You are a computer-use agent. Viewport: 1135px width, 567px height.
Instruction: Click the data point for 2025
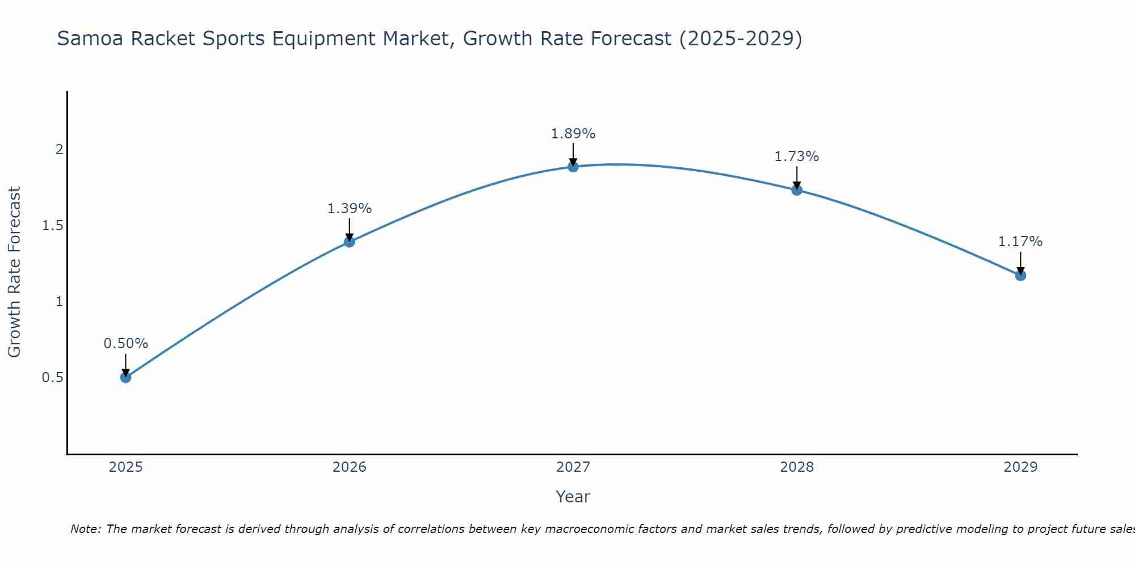click(x=126, y=377)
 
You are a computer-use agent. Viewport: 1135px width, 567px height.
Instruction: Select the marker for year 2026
click(x=350, y=242)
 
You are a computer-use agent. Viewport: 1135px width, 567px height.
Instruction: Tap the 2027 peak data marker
click(x=573, y=166)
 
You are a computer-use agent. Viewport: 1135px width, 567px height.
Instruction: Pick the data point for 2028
click(x=797, y=190)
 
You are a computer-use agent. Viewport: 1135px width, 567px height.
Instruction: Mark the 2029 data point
click(x=1020, y=276)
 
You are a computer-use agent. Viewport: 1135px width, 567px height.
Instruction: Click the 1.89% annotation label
click(x=573, y=134)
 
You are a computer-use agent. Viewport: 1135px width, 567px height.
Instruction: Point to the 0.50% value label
click(x=126, y=344)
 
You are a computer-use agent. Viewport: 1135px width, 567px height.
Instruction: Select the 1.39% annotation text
click(x=350, y=209)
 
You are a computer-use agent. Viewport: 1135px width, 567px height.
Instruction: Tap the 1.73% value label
click(x=797, y=156)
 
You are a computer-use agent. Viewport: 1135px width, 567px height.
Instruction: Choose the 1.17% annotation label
click(x=1020, y=242)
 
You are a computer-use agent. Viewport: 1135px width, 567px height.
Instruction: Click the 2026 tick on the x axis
click(x=350, y=467)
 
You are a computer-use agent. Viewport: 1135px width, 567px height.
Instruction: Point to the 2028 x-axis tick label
click(x=797, y=467)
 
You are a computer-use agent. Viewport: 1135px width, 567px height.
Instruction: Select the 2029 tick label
click(x=1020, y=467)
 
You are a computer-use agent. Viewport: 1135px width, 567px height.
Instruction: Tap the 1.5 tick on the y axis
click(x=52, y=226)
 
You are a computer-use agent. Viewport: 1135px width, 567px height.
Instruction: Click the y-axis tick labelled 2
click(x=58, y=150)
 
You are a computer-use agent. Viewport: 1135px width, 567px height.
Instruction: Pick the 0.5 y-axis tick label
click(x=52, y=378)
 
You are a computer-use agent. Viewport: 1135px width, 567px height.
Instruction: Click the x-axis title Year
click(x=573, y=497)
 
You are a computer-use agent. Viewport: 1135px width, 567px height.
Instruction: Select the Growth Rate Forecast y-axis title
click(x=14, y=272)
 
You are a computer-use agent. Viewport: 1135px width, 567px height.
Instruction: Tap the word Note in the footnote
click(x=85, y=529)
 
